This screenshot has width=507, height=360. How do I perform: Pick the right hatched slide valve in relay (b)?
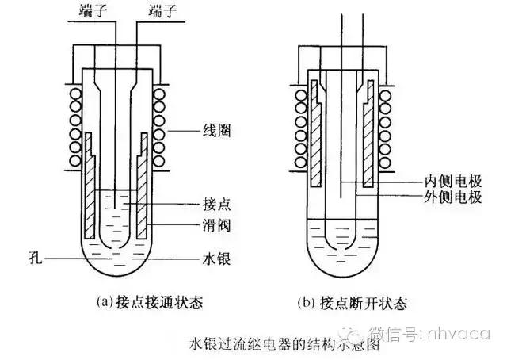tap(369, 135)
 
